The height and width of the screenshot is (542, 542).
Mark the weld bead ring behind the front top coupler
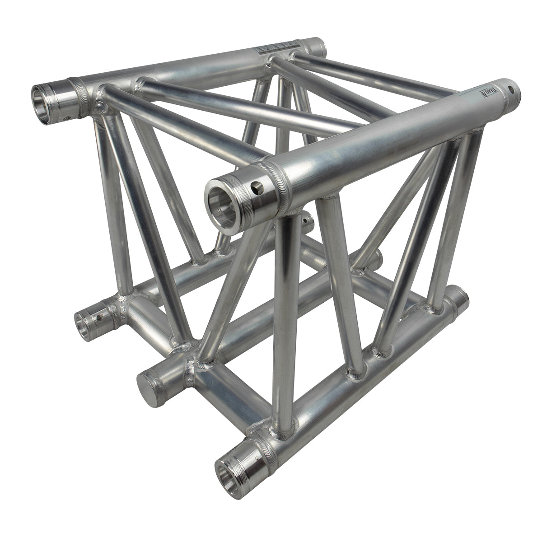click(x=281, y=183)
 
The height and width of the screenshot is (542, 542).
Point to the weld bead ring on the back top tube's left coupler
click(x=75, y=87)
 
